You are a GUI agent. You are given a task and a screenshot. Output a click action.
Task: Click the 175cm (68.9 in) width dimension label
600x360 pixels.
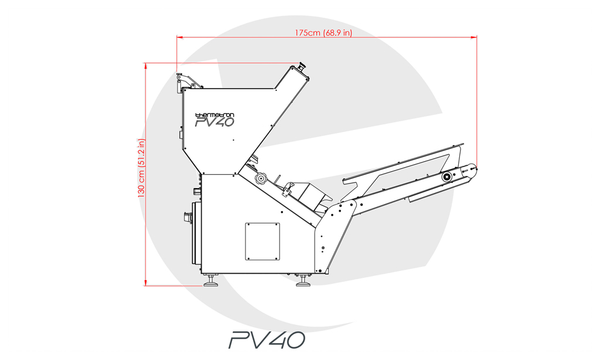(x=323, y=33)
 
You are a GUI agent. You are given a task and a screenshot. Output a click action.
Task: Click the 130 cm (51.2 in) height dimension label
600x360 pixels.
(x=142, y=168)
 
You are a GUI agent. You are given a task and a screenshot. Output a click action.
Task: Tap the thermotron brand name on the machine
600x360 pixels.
(x=214, y=115)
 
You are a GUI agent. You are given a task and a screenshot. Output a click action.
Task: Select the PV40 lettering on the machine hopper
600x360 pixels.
(x=214, y=122)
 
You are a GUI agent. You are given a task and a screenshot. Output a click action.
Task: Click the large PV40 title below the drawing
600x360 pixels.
(x=267, y=340)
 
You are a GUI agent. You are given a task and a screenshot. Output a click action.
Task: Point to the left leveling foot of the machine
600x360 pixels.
(x=210, y=282)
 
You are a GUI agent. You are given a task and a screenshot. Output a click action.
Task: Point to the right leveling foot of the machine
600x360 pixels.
(x=304, y=282)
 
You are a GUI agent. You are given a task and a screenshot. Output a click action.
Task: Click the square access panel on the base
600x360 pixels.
(x=262, y=242)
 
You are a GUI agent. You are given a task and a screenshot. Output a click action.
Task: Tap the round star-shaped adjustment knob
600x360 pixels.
(x=261, y=178)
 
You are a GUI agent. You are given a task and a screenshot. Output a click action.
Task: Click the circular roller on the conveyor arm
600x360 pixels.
(x=446, y=177)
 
